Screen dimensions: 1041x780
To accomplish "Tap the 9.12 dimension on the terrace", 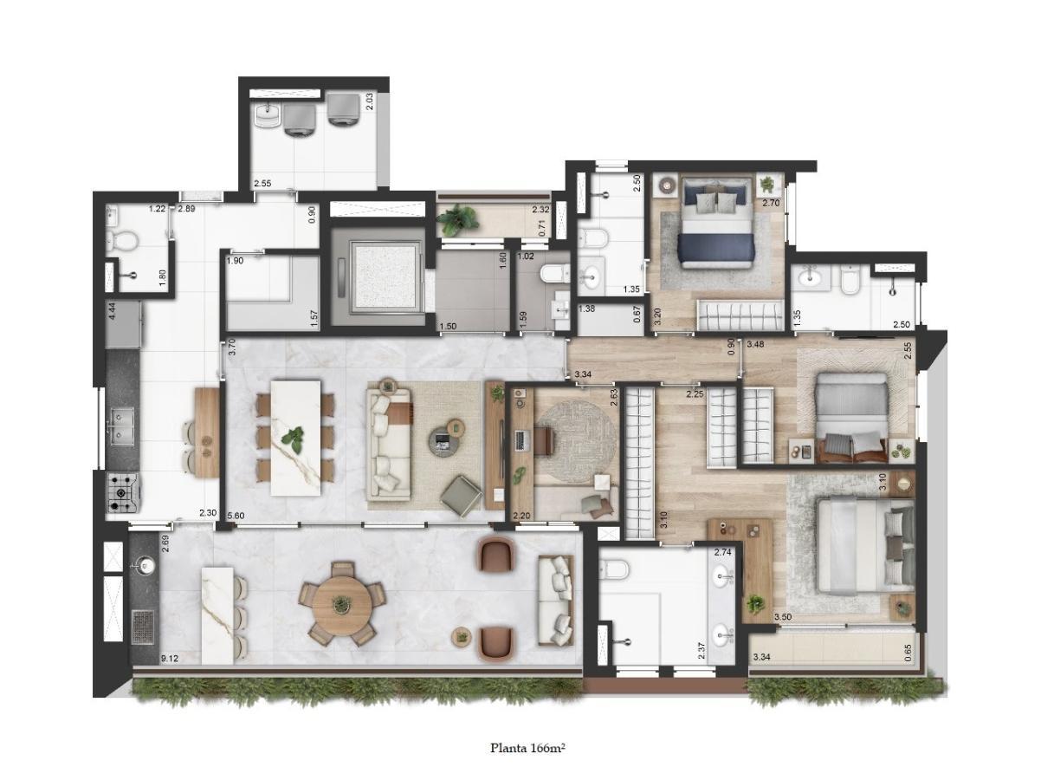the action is point(169,658).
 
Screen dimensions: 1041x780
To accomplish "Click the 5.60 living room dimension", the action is point(236,516).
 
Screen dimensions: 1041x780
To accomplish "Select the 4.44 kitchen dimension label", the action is point(112,312).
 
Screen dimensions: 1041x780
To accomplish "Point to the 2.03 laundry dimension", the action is point(370,101).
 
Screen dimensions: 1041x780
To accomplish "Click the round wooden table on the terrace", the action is point(341,604).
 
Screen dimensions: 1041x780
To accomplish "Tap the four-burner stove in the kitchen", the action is point(122,492).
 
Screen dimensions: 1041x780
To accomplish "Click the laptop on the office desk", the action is point(521,441).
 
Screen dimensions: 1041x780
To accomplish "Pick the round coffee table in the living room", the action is point(444,441).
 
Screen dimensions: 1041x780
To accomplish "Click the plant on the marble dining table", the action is point(293,439).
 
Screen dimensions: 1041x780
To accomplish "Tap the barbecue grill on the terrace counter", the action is point(142,627).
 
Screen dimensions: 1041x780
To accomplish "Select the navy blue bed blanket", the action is point(716,247).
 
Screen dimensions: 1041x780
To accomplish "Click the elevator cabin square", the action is point(385,276).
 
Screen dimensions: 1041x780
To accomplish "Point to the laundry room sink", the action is point(268,117).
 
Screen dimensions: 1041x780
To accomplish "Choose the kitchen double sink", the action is point(122,426).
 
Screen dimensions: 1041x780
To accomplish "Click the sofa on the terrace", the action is point(556,601).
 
